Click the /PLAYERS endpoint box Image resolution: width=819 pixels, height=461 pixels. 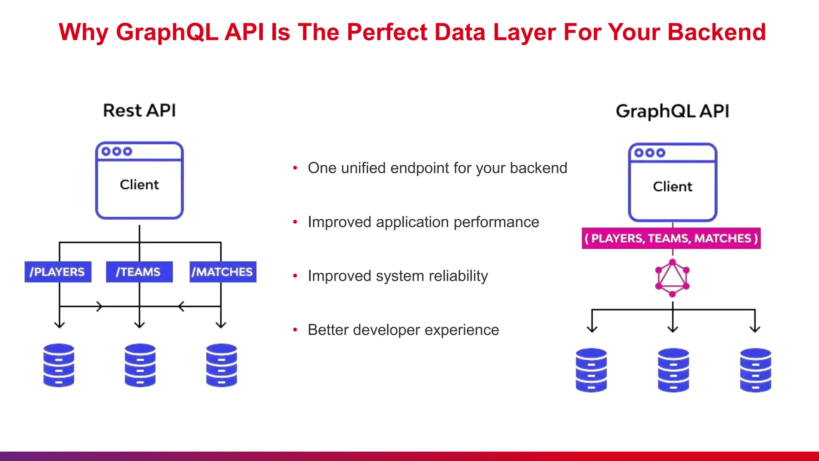point(58,272)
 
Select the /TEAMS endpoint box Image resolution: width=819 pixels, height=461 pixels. point(139,272)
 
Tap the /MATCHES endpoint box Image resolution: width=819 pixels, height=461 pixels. point(223,272)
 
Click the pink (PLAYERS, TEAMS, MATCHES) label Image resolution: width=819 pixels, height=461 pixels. point(671,239)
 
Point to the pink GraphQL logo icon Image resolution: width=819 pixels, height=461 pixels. point(672,278)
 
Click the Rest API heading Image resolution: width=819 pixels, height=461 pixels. point(139,110)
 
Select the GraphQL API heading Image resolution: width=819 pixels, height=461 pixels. point(672,111)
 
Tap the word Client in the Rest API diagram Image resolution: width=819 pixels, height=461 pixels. point(139,185)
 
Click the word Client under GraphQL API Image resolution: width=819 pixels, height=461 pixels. point(672,186)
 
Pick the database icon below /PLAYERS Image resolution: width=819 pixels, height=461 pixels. point(59,365)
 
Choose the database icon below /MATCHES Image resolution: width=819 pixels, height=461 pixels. point(222,365)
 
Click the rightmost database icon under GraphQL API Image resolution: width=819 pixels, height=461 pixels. point(755,370)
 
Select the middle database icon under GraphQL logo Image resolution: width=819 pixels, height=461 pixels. point(673,370)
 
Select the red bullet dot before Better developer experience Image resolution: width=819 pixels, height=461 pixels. point(295,330)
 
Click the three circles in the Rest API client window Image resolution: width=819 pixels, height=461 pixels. point(116,152)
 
